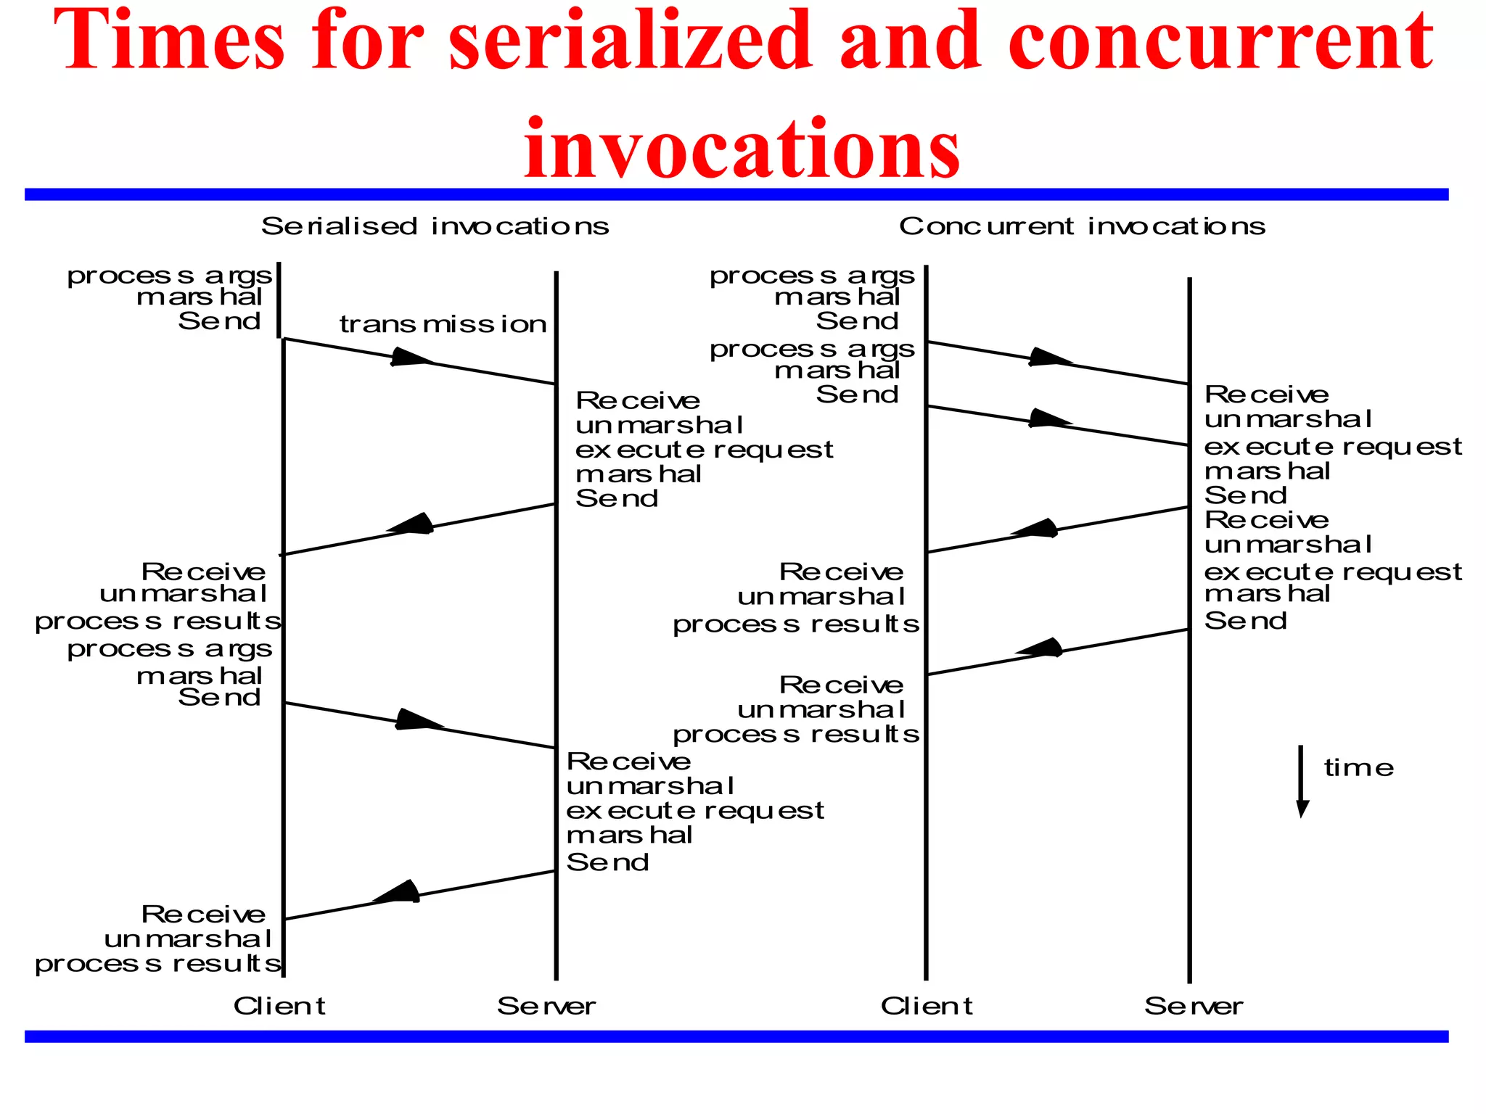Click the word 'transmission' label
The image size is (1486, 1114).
pos(443,324)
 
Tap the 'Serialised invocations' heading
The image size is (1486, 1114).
pos(435,226)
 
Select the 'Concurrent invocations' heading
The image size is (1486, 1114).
pos(1082,226)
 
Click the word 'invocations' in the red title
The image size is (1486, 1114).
pos(742,148)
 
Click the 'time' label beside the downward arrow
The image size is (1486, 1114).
pos(1358,768)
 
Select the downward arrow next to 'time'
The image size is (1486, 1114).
pos(1302,782)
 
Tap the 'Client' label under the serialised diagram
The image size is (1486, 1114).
pos(279,1006)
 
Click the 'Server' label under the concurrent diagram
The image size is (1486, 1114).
pos(1194,1006)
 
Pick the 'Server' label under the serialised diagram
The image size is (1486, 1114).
pos(546,1006)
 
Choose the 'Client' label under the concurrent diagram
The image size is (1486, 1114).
pos(927,1006)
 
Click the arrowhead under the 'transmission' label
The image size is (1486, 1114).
pos(411,358)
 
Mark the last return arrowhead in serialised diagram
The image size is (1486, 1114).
pos(398,893)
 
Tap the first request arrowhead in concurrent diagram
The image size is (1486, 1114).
pos(1049,358)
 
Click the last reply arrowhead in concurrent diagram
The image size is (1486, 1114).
pos(1040,648)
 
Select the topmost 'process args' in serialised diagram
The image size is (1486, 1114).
pos(169,276)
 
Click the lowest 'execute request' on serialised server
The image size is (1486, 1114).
pos(694,810)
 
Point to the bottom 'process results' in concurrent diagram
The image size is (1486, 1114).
pos(795,735)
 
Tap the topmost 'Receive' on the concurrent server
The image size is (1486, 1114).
pos(1266,395)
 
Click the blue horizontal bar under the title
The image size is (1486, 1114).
pos(736,194)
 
